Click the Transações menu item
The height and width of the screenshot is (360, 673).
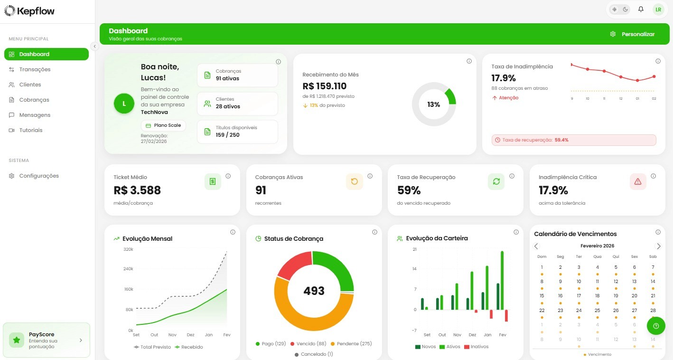(35, 69)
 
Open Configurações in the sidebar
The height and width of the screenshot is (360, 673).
(39, 176)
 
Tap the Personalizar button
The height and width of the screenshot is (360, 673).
(633, 34)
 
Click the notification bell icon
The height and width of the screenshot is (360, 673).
(641, 9)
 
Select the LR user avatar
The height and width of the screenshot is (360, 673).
(658, 9)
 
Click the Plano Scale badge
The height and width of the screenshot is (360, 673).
(163, 125)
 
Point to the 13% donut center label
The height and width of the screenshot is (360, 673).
(433, 104)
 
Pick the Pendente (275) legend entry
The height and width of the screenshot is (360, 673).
(351, 343)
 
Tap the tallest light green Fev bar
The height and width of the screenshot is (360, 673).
(502, 280)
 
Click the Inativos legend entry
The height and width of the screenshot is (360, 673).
(476, 347)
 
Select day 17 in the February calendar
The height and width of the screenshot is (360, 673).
(579, 295)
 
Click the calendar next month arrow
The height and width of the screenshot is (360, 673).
(658, 246)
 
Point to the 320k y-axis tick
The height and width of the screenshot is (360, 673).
(128, 249)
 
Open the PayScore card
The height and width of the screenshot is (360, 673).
(46, 340)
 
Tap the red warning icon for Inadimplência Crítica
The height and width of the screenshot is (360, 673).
(638, 181)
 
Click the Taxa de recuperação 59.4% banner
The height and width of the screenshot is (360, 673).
(574, 140)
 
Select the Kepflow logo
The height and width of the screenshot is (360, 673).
(29, 11)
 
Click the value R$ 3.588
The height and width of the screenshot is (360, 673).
(137, 190)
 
